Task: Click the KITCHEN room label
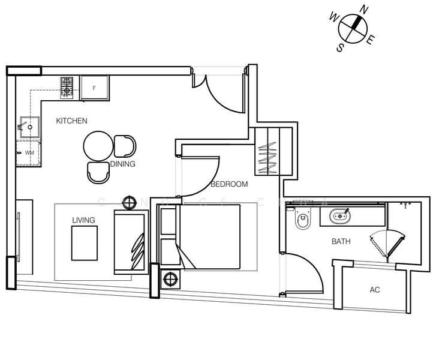pyautogui.click(x=71, y=121)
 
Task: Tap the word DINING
pyautogui.click(x=123, y=164)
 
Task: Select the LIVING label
pyautogui.click(x=83, y=220)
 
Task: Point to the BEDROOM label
pyautogui.click(x=229, y=184)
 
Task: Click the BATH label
pyautogui.click(x=341, y=242)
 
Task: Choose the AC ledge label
pyautogui.click(x=375, y=290)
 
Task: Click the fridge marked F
pyautogui.click(x=95, y=88)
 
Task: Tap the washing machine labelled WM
pyautogui.click(x=29, y=153)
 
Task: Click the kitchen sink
pyautogui.click(x=28, y=126)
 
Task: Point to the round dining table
pyautogui.click(x=98, y=146)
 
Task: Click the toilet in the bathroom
pyautogui.click(x=303, y=221)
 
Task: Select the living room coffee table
pyautogui.click(x=84, y=244)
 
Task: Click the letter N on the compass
pyautogui.click(x=362, y=10)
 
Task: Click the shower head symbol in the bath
pyautogui.click(x=406, y=205)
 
